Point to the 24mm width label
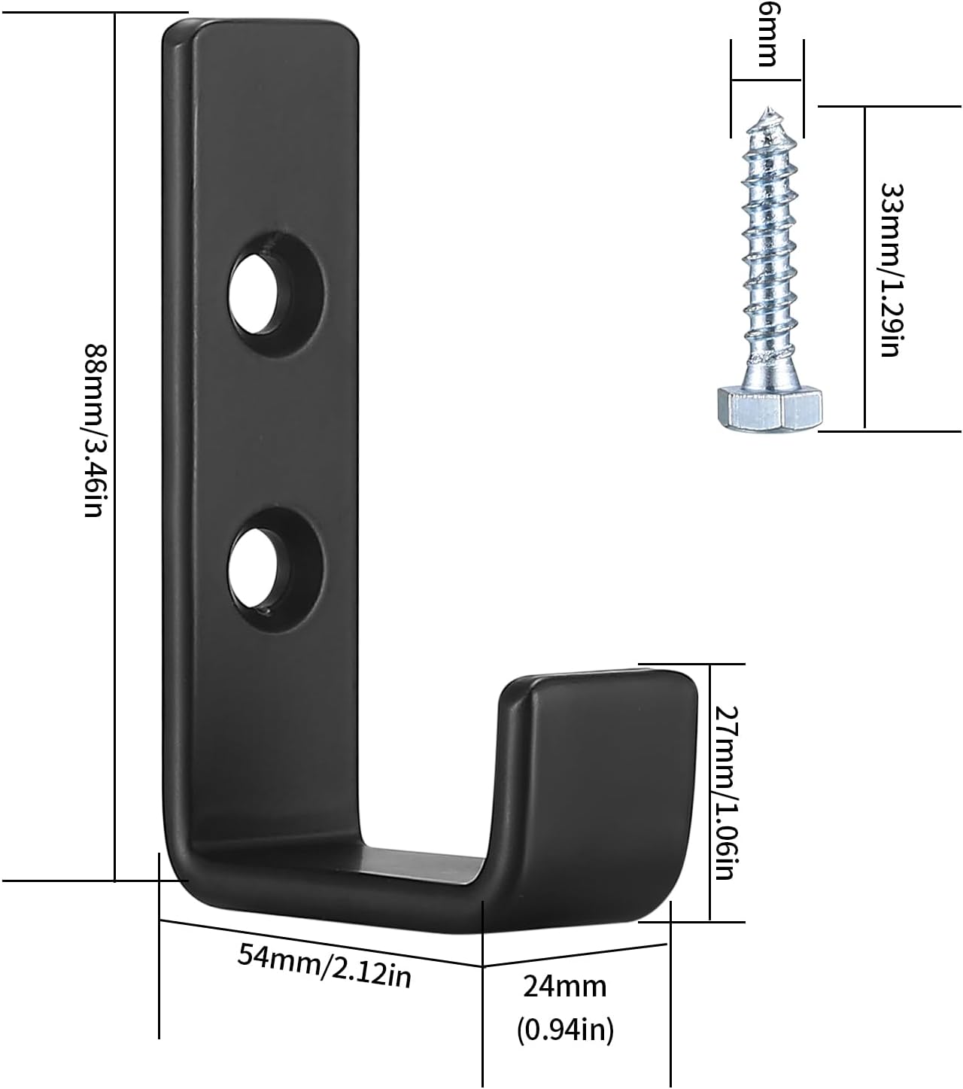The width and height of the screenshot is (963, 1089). (x=565, y=985)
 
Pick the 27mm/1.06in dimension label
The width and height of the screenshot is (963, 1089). (x=723, y=792)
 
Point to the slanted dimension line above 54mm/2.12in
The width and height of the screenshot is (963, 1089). (x=320, y=941)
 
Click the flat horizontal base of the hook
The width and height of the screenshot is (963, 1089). (x=339, y=877)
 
